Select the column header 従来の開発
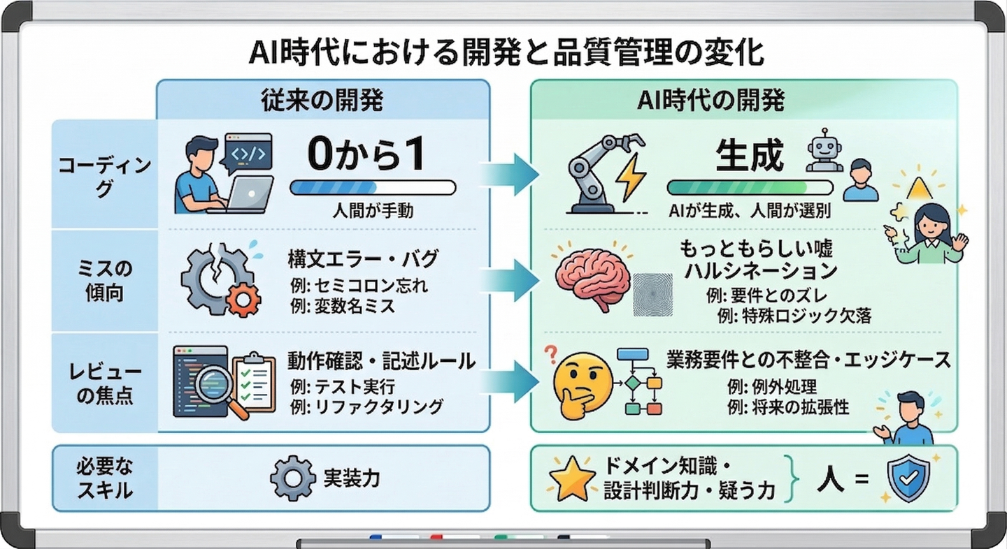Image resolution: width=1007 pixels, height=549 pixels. (322, 99)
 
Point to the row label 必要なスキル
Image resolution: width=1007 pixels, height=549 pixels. (105, 478)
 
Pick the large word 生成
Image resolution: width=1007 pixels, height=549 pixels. (749, 156)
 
